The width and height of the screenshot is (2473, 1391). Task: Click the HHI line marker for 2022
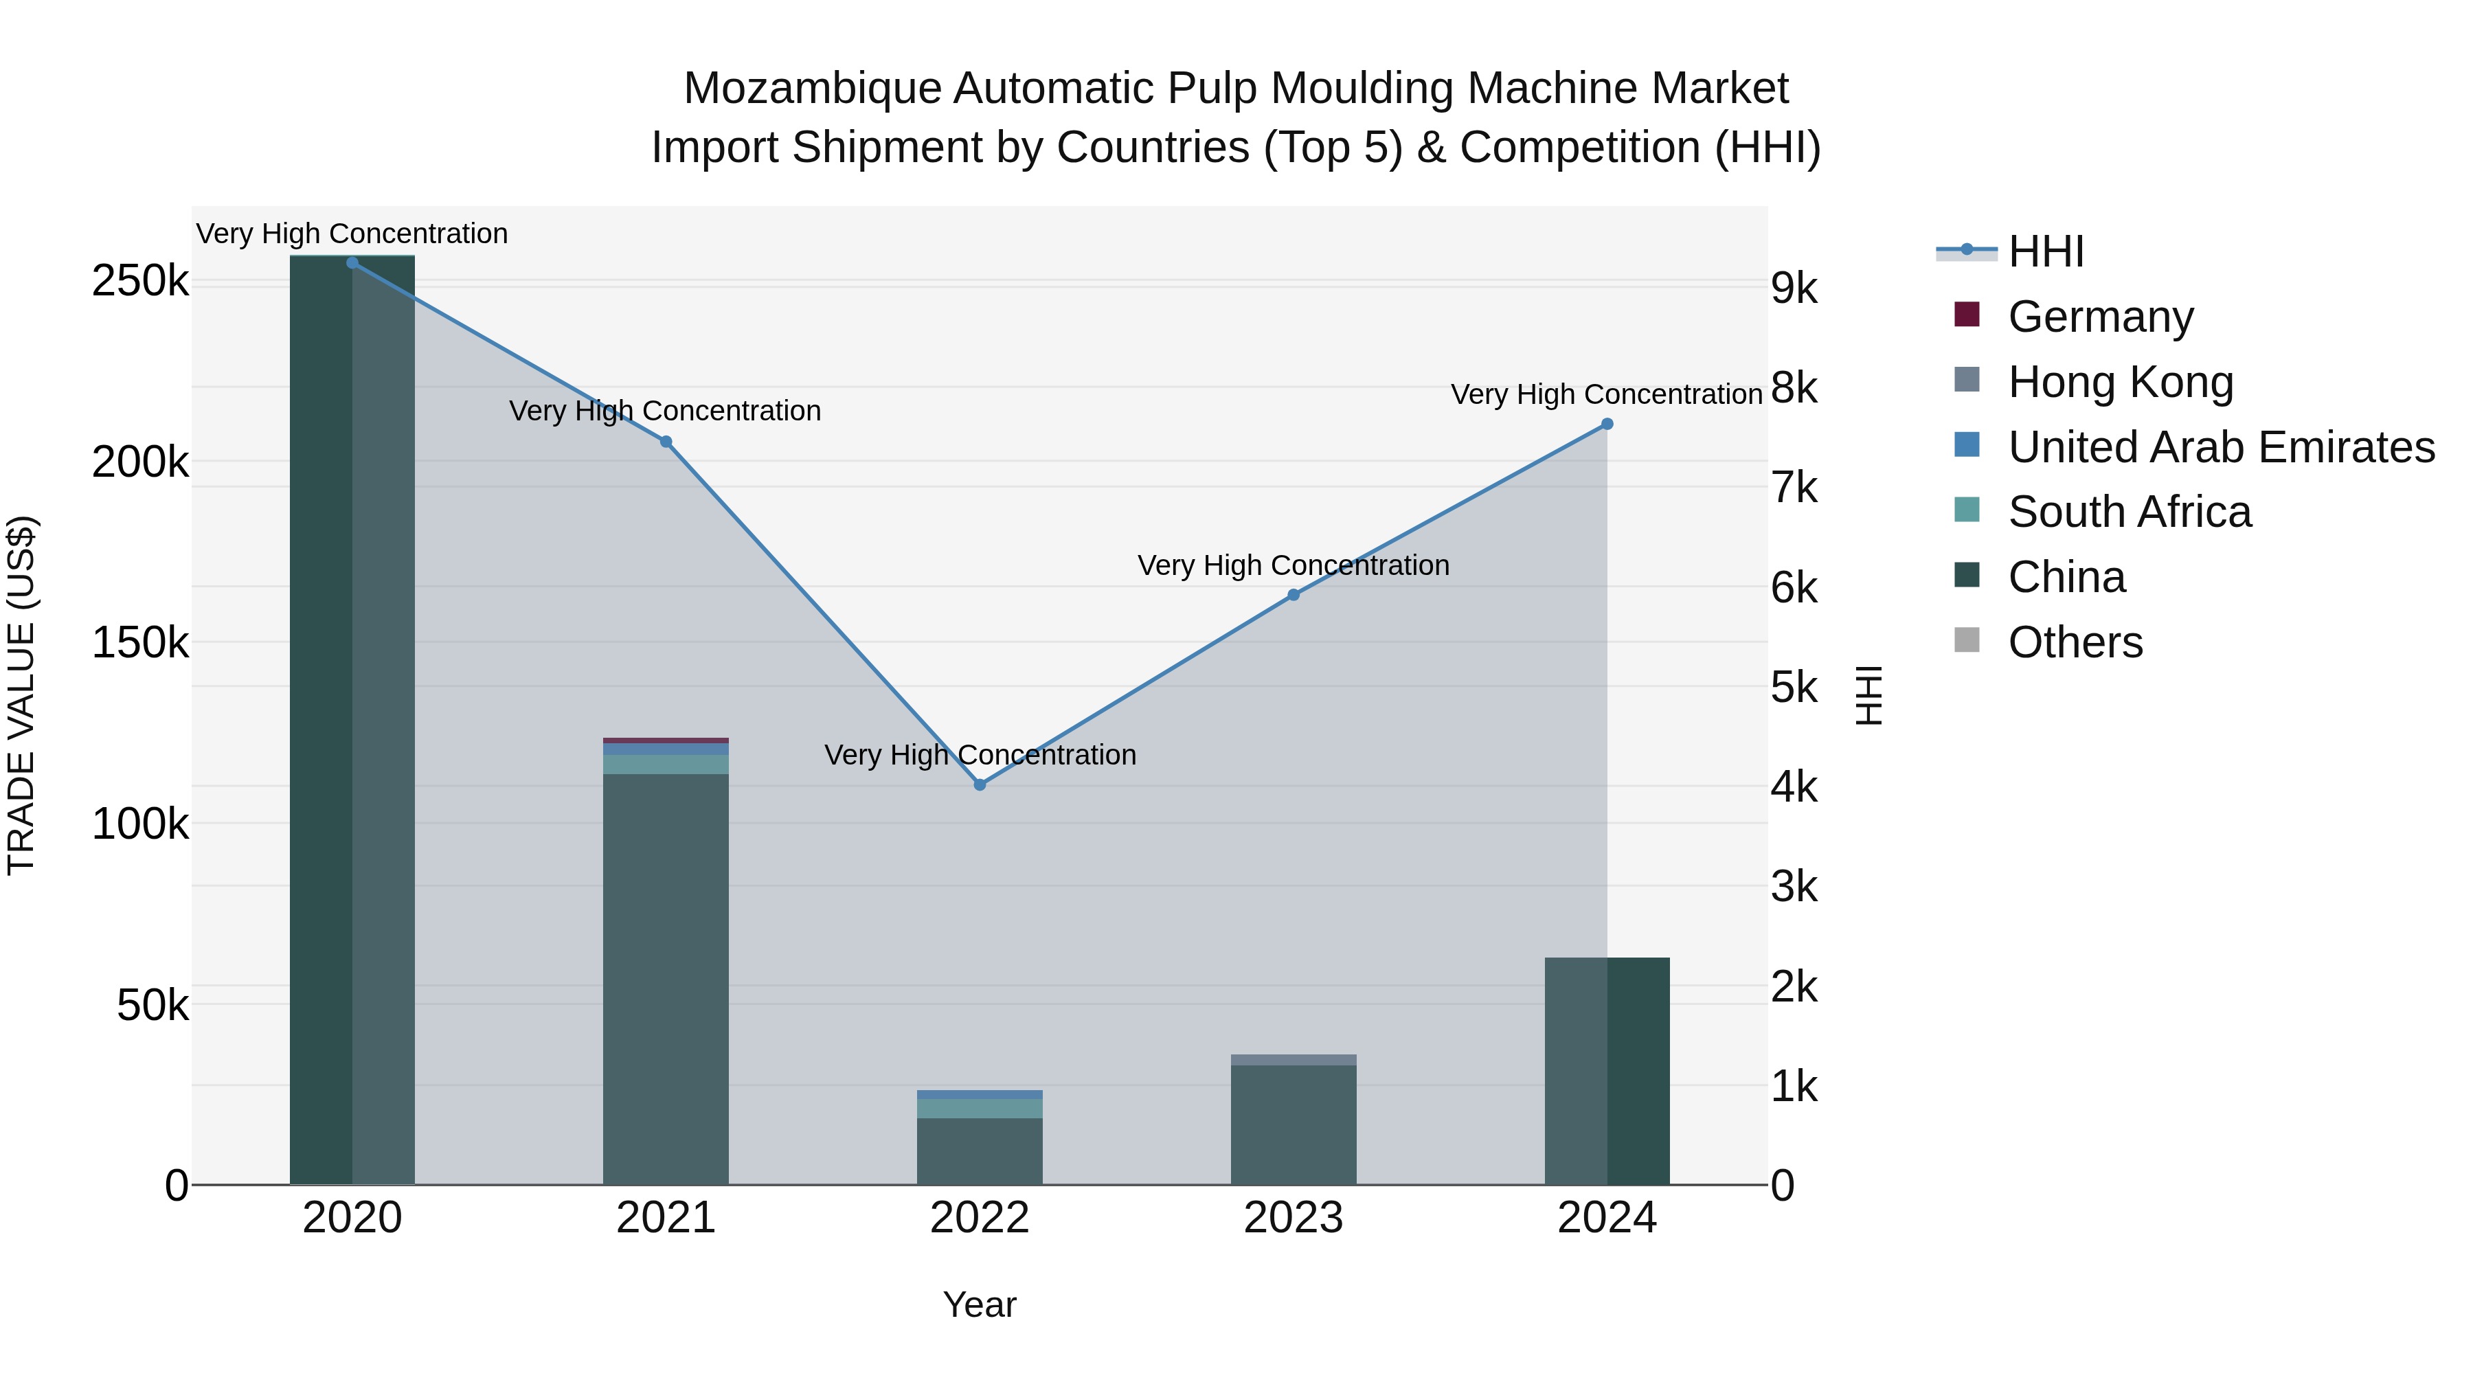979,784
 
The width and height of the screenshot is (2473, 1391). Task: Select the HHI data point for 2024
1607,425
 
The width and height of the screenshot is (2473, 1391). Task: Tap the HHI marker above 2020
352,263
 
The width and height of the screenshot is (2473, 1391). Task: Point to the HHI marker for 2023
1293,595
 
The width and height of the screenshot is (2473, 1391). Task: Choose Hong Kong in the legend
2120,381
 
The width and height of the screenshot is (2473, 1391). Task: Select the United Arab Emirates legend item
2220,446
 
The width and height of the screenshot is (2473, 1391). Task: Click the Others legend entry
2075,642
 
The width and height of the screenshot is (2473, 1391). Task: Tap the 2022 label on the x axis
979,1218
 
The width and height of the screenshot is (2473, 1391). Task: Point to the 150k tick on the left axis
140,642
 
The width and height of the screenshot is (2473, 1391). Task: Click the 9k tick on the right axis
1794,288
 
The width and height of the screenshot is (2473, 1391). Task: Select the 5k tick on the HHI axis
1794,688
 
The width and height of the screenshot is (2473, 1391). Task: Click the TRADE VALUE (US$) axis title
21,695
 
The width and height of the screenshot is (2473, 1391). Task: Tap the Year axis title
979,1304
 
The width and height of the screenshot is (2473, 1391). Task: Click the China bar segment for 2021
665,979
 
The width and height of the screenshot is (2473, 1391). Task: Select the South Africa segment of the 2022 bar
979,1109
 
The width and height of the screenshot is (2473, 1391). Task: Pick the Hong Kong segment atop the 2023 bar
1293,1060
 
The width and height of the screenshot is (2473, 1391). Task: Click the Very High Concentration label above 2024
1606,394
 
